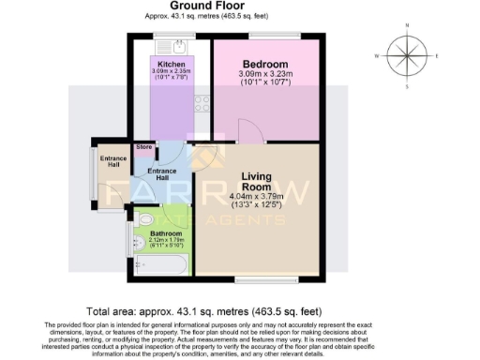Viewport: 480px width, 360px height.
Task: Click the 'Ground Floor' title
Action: coord(240,6)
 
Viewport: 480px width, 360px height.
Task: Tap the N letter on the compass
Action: coord(406,25)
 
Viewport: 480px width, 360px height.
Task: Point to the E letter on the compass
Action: coord(438,56)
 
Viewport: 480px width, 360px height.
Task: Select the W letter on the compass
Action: coord(376,56)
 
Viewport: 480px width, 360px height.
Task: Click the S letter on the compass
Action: coord(406,86)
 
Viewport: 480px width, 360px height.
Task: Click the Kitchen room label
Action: coord(172,64)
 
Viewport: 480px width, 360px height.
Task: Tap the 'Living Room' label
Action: coord(256,181)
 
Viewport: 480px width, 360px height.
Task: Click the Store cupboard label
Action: coord(143,147)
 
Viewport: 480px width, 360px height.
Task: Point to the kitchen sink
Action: coord(173,45)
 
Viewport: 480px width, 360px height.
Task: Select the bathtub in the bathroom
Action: coord(161,266)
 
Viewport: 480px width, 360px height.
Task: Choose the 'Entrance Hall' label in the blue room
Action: coord(162,175)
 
